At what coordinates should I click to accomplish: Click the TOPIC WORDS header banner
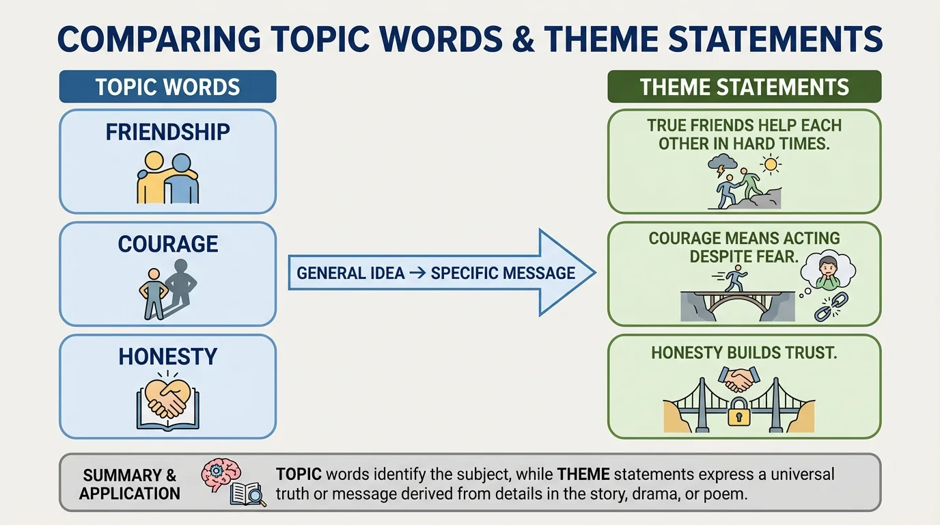167,87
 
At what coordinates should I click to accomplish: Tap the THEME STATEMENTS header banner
744,87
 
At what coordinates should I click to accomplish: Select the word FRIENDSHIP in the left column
167,131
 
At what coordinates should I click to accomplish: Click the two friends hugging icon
167,178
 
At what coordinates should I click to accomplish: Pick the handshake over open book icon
167,403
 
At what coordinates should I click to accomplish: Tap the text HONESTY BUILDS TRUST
744,353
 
